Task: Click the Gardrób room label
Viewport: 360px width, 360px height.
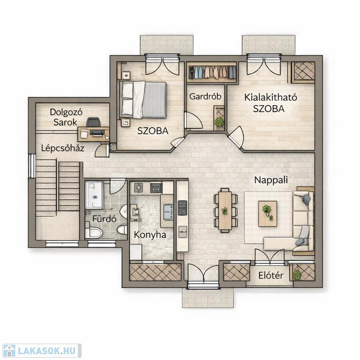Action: coord(205,97)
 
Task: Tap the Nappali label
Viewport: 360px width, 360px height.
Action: coord(271,180)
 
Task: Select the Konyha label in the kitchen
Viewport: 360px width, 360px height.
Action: coord(150,235)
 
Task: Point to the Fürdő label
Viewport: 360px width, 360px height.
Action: coord(104,218)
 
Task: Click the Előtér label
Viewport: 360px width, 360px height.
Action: coord(270,276)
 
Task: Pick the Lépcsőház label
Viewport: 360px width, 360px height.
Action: coord(63,148)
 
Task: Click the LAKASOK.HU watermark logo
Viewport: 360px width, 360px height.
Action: coord(42,351)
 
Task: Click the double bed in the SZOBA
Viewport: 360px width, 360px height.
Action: coord(143,100)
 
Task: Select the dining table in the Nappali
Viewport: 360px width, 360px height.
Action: coord(225,210)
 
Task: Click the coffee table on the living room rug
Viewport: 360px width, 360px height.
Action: coord(268,214)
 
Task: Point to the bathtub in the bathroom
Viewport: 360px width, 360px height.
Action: coord(94,195)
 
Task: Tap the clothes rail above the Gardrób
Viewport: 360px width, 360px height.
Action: coord(212,72)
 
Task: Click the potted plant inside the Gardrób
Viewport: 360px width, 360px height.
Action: coord(219,121)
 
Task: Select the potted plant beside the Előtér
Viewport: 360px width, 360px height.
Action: coord(296,275)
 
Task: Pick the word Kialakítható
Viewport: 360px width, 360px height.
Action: coord(270,97)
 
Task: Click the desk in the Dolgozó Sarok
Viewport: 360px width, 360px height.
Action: coord(93,134)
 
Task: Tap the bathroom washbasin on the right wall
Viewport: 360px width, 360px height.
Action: coord(124,211)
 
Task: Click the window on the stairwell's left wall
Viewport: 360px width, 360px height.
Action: coord(32,166)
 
